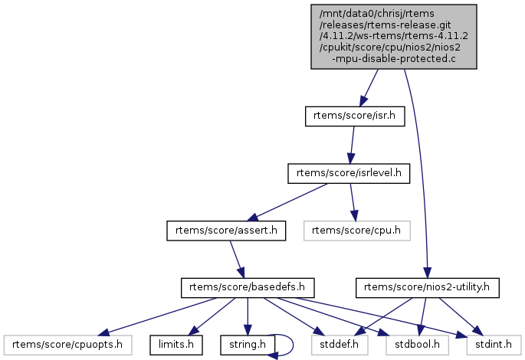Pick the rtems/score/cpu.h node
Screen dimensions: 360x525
(356, 230)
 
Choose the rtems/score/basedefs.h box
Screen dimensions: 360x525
(248, 288)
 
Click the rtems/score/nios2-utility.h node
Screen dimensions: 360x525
(428, 288)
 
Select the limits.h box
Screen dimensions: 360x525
(176, 345)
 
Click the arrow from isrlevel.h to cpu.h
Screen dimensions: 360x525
(352, 201)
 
